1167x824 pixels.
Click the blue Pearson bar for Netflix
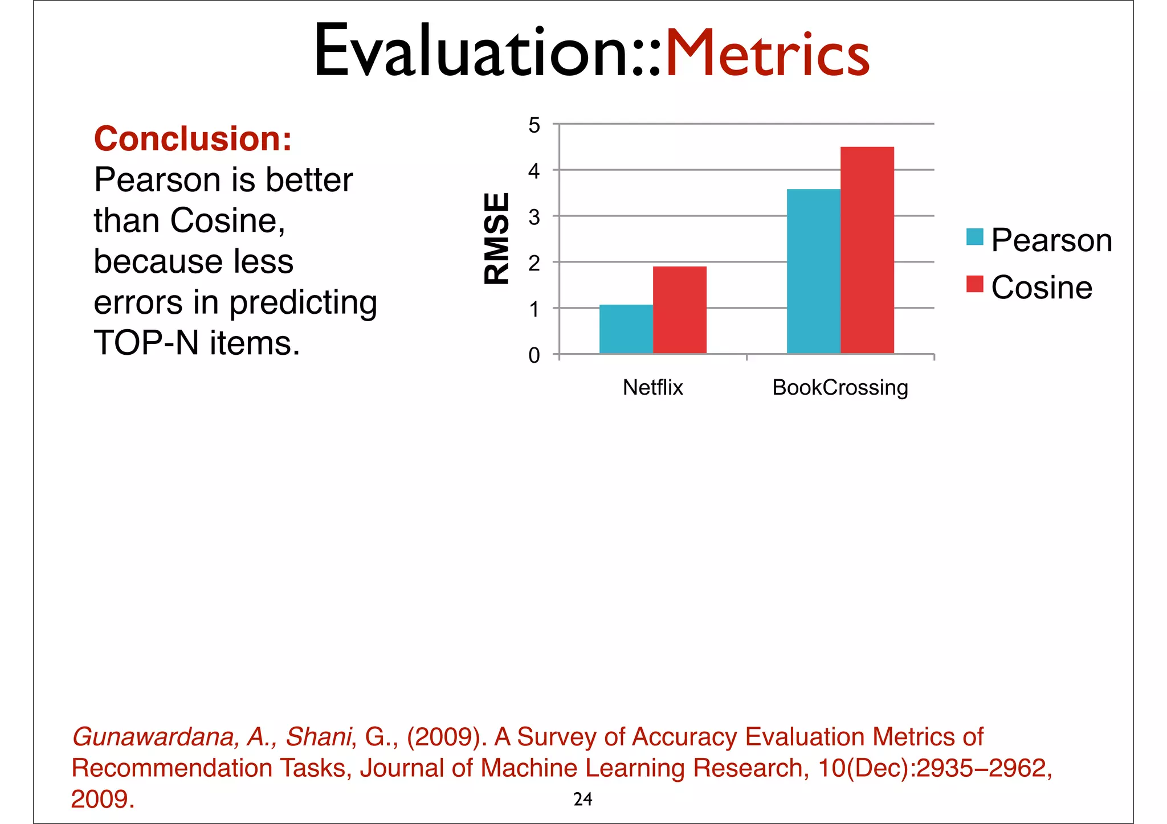626,329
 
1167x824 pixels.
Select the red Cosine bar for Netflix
679,310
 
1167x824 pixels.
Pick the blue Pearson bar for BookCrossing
813,271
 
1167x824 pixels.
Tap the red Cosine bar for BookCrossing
867,251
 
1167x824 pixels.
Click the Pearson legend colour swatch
974,237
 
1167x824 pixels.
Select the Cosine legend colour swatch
974,284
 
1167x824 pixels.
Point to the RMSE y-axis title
496,239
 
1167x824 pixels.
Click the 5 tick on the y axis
534,125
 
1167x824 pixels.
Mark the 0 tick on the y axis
534,355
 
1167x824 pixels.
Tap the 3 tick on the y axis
534,218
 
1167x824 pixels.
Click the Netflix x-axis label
652,388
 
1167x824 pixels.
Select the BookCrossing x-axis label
840,388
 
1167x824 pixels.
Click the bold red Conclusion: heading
193,139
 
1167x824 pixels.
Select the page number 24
582,800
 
